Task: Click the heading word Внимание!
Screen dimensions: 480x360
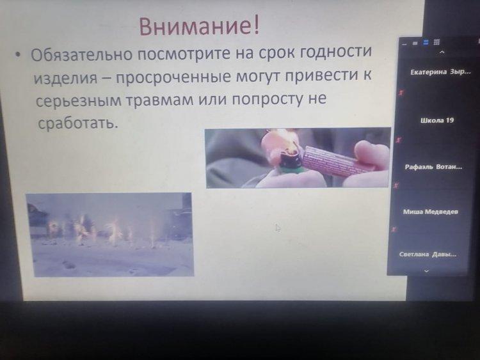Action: pyautogui.click(x=199, y=26)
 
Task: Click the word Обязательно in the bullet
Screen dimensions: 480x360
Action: pyautogui.click(x=82, y=54)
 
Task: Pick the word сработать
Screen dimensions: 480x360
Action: pyautogui.click(x=77, y=123)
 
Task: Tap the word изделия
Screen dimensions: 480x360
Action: pyautogui.click(x=65, y=77)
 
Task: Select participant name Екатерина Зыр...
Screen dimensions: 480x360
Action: pyautogui.click(x=440, y=72)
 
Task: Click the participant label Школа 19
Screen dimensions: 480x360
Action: pyautogui.click(x=437, y=120)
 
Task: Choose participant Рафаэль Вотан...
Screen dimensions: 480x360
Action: pyautogui.click(x=433, y=167)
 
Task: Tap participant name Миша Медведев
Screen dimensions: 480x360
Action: pyautogui.click(x=431, y=212)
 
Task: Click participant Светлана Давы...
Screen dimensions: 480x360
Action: pyautogui.click(x=428, y=254)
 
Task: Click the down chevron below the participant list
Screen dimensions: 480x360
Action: pyautogui.click(x=426, y=270)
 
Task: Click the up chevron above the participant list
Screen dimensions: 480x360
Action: pyautogui.click(x=442, y=52)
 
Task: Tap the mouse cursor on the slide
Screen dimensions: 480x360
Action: pyautogui.click(x=278, y=228)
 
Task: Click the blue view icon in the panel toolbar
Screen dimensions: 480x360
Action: pyautogui.click(x=426, y=42)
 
